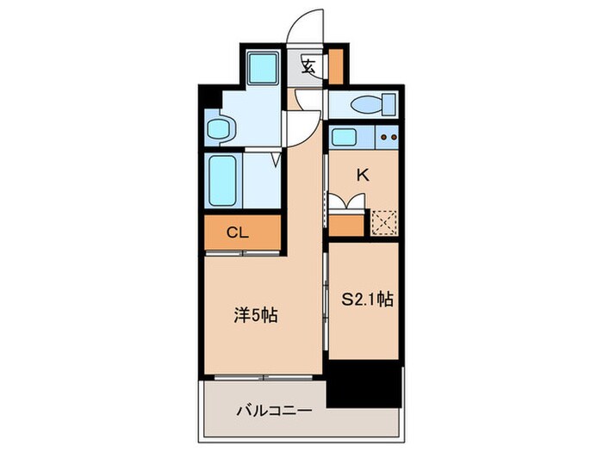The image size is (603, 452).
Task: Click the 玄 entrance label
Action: pyautogui.click(x=308, y=65)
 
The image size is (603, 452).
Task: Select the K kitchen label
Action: pyautogui.click(x=363, y=175)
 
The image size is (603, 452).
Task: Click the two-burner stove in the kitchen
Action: pyautogui.click(x=387, y=136)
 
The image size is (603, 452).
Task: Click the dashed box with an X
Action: pyautogui.click(x=382, y=223)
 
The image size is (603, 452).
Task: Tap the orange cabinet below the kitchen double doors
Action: pyautogui.click(x=347, y=225)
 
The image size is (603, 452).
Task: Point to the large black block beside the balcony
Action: pyautogui.click(x=365, y=382)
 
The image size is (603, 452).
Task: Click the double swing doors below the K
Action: pyautogui.click(x=348, y=202)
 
